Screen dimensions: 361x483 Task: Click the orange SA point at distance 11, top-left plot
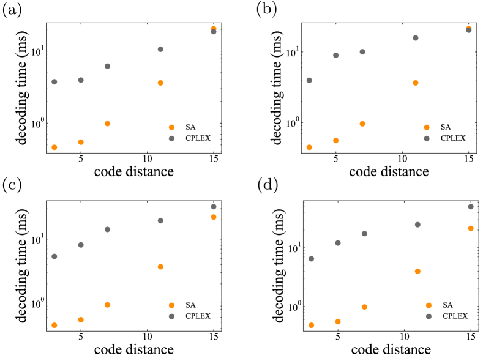click(x=160, y=83)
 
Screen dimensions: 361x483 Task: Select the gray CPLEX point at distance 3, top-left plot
click(x=54, y=81)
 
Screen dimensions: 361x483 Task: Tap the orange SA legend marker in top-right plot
click(x=427, y=127)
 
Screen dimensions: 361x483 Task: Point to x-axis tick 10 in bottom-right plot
click(x=404, y=337)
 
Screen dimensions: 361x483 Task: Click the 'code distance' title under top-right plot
click(x=389, y=171)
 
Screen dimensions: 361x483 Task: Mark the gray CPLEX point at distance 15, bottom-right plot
click(x=471, y=207)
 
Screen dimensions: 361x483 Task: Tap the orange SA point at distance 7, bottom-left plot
click(x=107, y=305)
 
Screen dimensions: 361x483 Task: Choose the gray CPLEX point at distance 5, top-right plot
click(x=335, y=55)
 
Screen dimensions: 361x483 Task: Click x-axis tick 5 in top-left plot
click(x=81, y=158)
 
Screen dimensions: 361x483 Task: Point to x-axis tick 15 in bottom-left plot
click(x=214, y=337)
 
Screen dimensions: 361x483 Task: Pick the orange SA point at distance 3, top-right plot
click(x=309, y=147)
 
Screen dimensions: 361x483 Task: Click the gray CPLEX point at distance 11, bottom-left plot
click(x=160, y=220)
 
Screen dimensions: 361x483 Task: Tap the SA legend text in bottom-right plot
click(x=447, y=305)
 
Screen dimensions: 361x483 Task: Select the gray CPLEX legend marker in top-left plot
click(x=171, y=138)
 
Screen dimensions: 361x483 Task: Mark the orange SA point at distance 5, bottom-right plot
click(x=337, y=321)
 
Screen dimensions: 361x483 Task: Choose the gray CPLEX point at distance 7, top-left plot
click(x=107, y=66)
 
